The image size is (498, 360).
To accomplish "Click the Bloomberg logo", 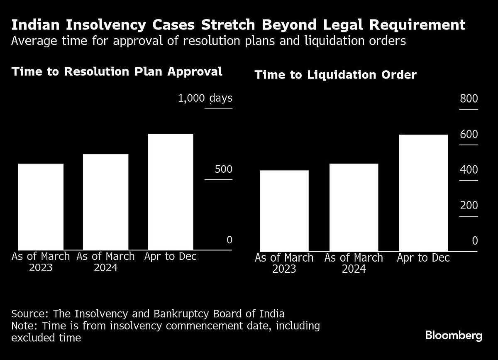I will [x=454, y=336].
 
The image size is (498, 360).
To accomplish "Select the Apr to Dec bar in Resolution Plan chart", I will [x=171, y=192].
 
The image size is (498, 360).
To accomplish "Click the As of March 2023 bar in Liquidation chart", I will [x=284, y=211].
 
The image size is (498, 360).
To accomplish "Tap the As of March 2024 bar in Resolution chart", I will [x=106, y=202].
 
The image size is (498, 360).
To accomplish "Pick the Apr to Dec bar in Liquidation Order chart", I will [x=423, y=193].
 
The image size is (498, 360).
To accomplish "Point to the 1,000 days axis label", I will [x=205, y=98].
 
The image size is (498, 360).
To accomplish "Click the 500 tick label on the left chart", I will [x=223, y=169].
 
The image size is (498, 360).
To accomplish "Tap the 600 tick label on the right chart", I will [x=469, y=135].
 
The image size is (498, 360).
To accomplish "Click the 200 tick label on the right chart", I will [x=469, y=206].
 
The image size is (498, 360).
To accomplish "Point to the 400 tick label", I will [x=469, y=170].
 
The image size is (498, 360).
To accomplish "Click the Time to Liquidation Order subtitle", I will [x=335, y=75].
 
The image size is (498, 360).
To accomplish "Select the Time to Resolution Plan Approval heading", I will [x=117, y=71].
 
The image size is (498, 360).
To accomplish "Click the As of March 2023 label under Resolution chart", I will [x=41, y=262].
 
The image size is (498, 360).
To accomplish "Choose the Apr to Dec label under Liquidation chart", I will [x=423, y=258].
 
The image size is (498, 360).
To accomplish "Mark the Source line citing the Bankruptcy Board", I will [x=148, y=313].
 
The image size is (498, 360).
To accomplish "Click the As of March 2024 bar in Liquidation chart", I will [x=354, y=208].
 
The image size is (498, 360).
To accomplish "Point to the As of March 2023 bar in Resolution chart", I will [x=41, y=207].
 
